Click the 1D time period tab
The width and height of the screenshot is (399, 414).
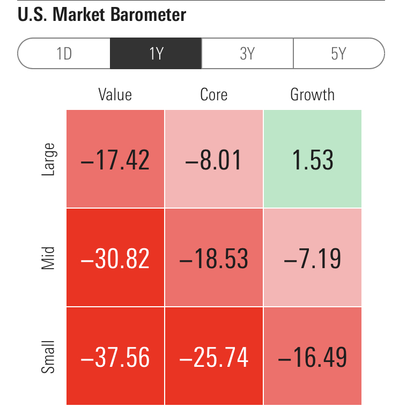64,54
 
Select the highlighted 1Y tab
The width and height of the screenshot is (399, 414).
156,54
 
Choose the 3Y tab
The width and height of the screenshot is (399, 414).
247,54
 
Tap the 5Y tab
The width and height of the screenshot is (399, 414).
338,54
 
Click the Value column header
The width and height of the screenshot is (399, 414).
115,95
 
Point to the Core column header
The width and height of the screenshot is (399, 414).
213,95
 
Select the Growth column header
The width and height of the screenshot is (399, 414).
312,95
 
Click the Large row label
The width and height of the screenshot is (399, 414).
48,159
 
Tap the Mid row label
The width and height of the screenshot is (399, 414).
48,257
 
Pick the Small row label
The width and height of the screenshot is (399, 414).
48,356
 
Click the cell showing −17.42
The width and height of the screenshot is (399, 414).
115,159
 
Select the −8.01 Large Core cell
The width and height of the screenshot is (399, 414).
213,159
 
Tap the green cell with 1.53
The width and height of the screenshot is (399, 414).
312,159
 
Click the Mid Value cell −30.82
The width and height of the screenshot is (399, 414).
115,257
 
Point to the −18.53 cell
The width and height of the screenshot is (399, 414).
213,257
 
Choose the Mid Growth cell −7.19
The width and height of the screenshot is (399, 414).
312,257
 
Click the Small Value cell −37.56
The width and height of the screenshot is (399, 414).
115,356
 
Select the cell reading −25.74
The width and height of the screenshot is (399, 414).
213,356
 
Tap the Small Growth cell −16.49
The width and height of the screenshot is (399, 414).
312,356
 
